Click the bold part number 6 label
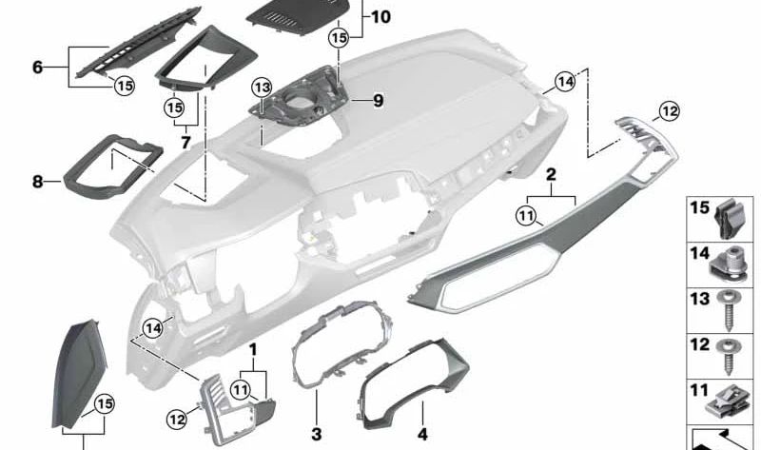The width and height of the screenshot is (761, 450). (38, 68)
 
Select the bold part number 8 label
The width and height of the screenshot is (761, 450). (38, 180)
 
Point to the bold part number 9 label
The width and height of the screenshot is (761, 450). (377, 99)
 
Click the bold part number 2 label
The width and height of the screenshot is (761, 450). (550, 176)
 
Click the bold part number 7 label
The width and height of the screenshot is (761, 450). (186, 142)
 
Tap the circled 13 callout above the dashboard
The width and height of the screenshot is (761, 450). (263, 88)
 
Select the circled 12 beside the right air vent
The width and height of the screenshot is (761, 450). (669, 112)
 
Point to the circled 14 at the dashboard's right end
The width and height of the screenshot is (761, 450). (565, 83)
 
